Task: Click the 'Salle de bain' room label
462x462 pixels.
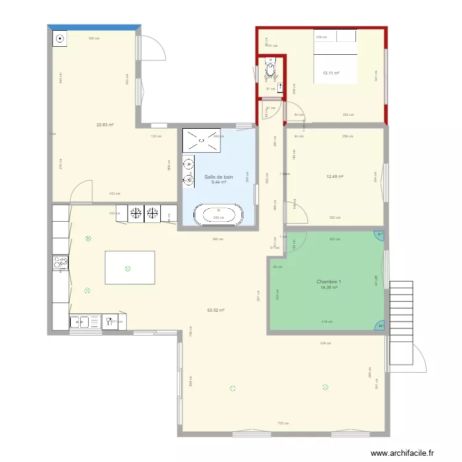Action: pos(219,177)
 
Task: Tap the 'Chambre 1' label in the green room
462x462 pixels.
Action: pos(329,282)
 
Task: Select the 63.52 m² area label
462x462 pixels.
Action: pos(216,310)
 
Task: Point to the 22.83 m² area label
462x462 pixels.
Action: pos(105,124)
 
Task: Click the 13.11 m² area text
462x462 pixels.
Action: pos(331,73)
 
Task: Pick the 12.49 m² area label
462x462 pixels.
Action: pos(334,177)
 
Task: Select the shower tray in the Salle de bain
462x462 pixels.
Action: pos(201,142)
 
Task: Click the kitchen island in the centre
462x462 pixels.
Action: pos(131,267)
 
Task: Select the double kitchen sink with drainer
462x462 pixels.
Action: pos(85,321)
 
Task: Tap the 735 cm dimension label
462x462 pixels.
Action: pos(283,423)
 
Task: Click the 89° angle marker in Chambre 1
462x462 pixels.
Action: pos(380,326)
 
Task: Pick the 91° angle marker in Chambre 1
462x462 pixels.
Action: pos(380,235)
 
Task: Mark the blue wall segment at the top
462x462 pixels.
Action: pos(94,26)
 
